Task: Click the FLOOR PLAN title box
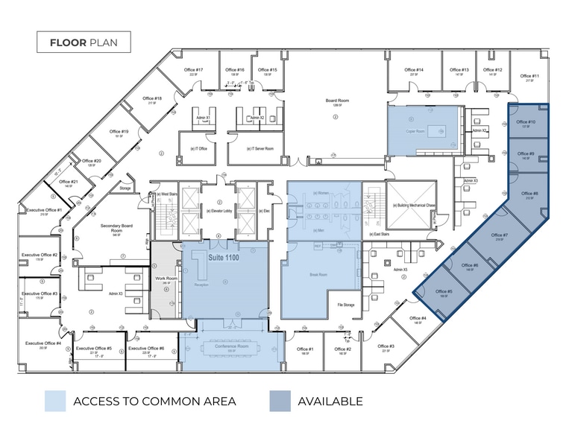click(84, 42)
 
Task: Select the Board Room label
click(336, 101)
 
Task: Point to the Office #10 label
click(526, 122)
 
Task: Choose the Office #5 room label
click(444, 292)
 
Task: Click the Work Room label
click(166, 279)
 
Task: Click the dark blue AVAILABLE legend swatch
click(280, 401)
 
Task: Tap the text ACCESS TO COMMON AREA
click(154, 401)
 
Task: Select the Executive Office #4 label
click(43, 343)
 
